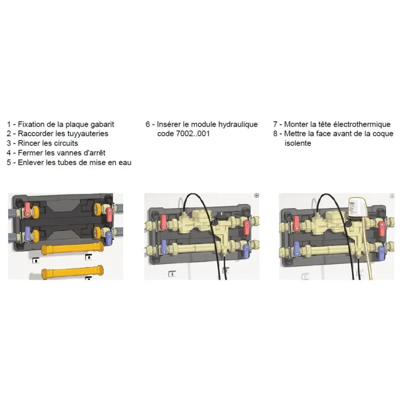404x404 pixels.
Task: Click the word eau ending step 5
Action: pyautogui.click(x=125, y=163)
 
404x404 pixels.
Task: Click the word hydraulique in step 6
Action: pyautogui.click(x=238, y=125)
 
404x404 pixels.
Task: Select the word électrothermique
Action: pyautogui.click(x=362, y=124)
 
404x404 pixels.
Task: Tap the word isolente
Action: pyautogui.click(x=297, y=143)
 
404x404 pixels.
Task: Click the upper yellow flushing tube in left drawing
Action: pyautogui.click(x=72, y=248)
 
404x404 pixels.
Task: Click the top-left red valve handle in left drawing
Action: pyautogui.click(x=27, y=210)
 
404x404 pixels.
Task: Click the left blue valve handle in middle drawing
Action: pyautogui.click(x=163, y=247)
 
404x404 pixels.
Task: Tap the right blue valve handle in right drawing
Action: pyautogui.click(x=381, y=253)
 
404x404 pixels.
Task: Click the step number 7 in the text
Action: pyautogui.click(x=275, y=125)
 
